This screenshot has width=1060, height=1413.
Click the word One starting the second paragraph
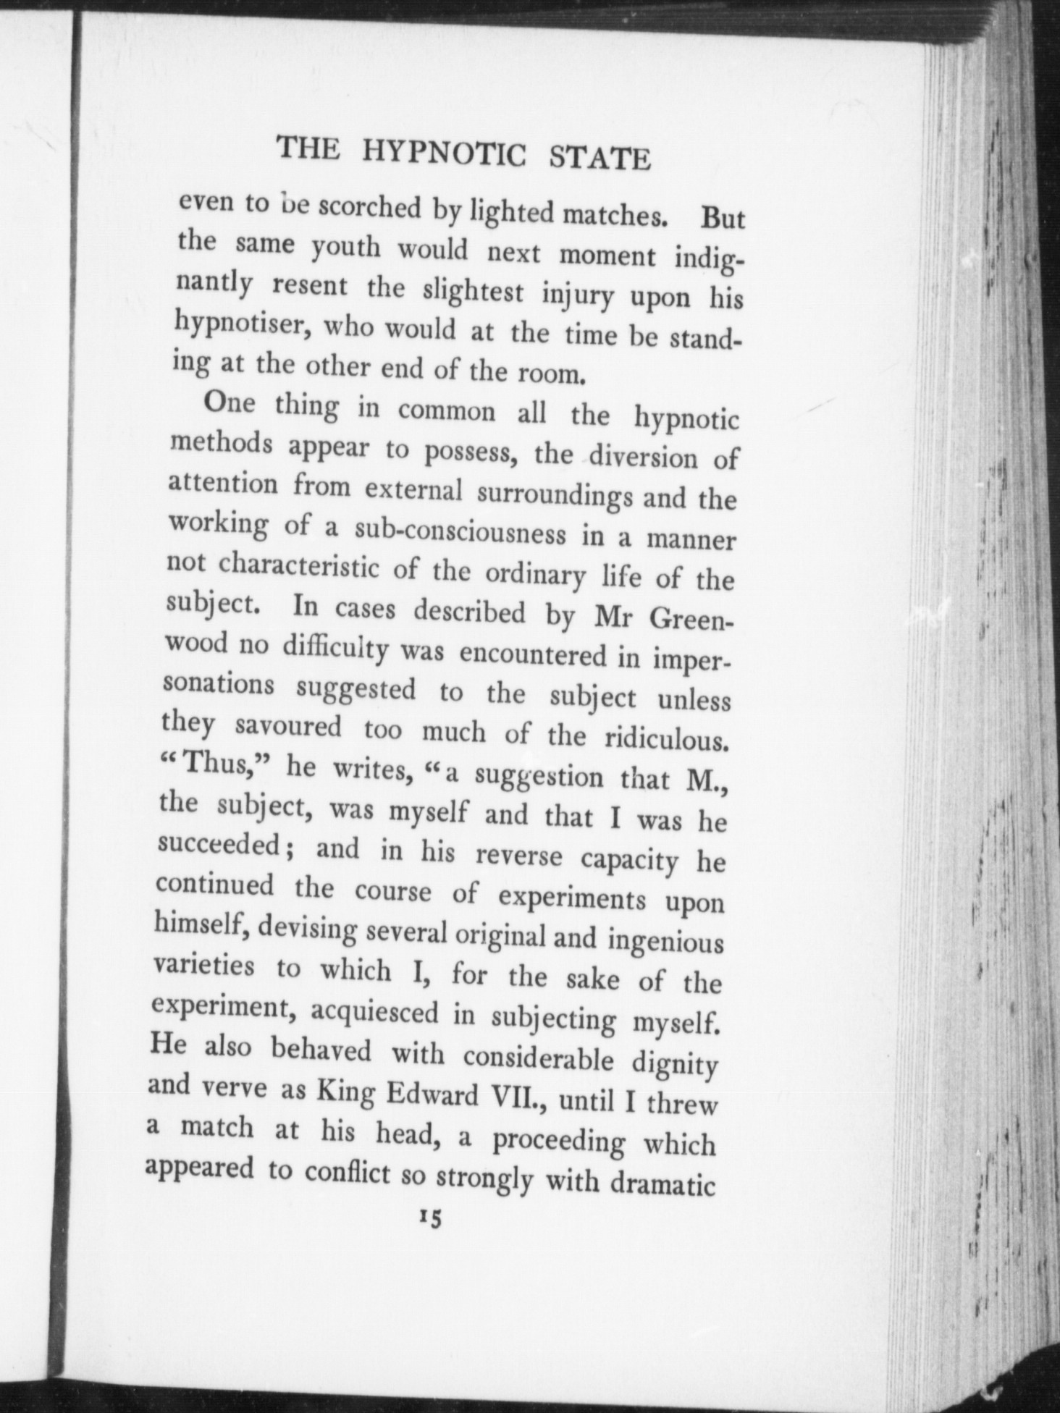coord(229,403)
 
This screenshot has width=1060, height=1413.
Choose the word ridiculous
coord(665,739)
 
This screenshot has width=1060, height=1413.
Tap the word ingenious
coord(665,943)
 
